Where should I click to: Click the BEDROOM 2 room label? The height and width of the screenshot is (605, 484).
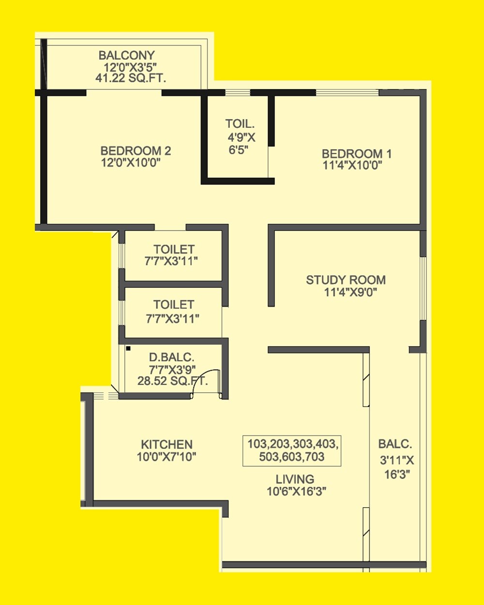(x=136, y=151)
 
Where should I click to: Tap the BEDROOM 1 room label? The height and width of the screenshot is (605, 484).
(x=357, y=154)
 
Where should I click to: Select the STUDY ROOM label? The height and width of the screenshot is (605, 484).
(x=346, y=280)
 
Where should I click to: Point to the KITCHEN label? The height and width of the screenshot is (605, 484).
(x=166, y=444)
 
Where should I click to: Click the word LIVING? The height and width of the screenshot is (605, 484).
(x=295, y=479)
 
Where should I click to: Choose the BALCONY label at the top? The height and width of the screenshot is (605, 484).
(x=126, y=55)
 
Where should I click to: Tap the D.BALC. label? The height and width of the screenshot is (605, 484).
(x=171, y=357)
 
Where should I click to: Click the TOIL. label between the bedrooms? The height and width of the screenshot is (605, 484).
(x=240, y=124)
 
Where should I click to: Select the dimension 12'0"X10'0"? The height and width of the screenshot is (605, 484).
(x=130, y=163)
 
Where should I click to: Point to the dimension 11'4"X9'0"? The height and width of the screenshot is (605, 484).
(x=350, y=292)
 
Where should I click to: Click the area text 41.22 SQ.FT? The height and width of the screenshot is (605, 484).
(x=131, y=78)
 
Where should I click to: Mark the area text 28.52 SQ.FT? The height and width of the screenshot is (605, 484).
(x=172, y=381)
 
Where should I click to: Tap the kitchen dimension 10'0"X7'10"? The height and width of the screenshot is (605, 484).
(x=166, y=456)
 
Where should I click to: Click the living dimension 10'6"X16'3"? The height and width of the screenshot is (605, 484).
(x=296, y=491)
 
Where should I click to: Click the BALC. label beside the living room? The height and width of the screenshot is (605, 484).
(x=395, y=444)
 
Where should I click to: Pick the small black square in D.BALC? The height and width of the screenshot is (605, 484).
(x=128, y=348)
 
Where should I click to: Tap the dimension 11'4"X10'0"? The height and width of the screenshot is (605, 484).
(x=352, y=166)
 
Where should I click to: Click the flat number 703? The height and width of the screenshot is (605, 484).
(x=315, y=456)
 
